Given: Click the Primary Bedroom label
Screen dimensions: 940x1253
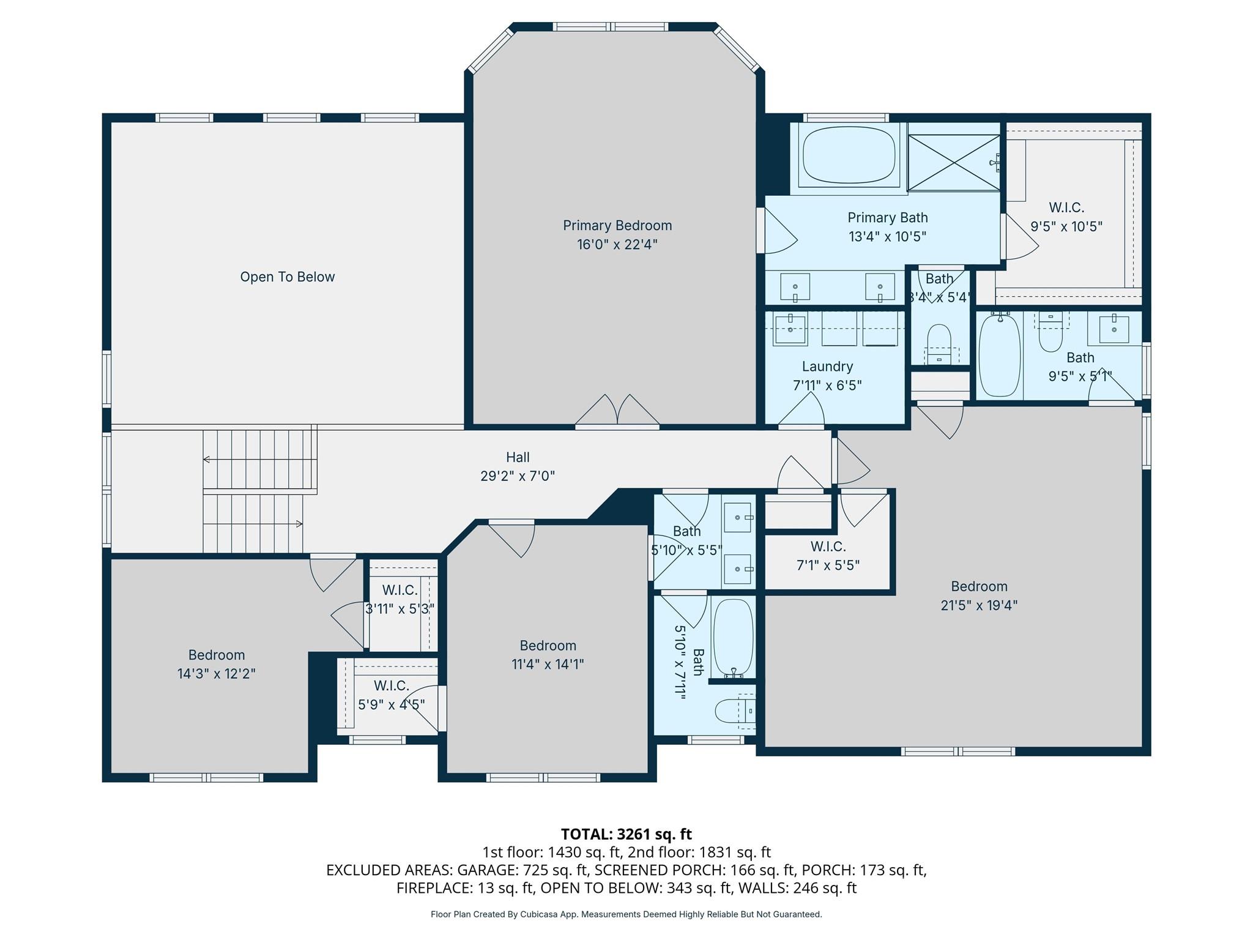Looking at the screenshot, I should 617,226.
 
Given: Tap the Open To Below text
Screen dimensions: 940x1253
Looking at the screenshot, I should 287,277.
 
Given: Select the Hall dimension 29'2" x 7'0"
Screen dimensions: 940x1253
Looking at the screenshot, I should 518,476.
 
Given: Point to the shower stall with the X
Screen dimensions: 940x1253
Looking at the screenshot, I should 953,163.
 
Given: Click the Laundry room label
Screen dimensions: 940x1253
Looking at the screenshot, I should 827,367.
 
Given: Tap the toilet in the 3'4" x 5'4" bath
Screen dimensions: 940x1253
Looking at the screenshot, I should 939,340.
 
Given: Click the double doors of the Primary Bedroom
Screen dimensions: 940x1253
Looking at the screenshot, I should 617,411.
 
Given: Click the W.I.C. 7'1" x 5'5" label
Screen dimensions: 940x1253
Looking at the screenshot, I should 828,556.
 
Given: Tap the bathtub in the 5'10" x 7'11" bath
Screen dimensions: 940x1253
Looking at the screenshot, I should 733,637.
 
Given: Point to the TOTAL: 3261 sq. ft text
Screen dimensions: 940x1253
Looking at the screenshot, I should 626,834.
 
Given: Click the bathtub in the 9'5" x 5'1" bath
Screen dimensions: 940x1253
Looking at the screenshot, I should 1000,355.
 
